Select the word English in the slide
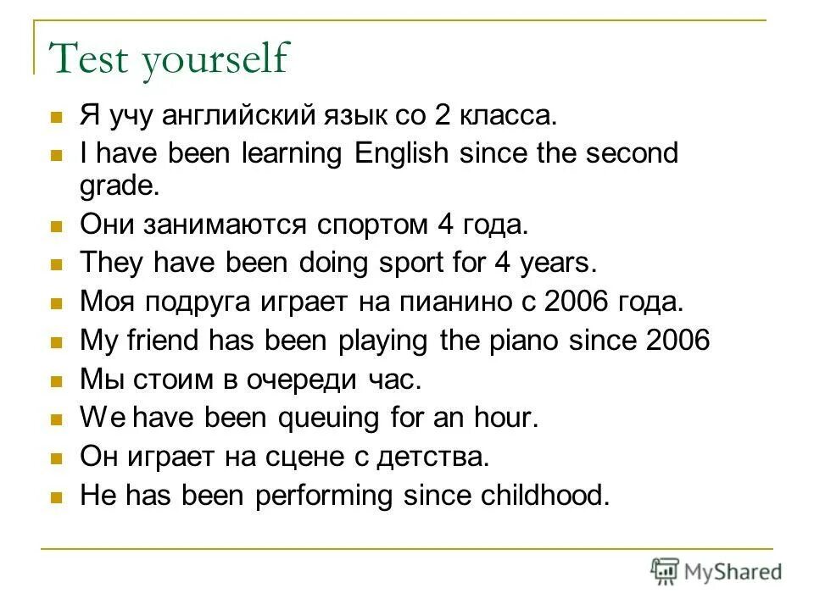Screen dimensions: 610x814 [x=402, y=154]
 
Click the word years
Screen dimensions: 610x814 [x=560, y=263]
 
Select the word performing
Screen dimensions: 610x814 [x=310, y=496]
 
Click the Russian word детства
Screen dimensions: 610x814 [x=435, y=457]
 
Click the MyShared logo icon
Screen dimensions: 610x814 [x=665, y=571]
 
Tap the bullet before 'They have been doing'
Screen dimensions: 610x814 [x=58, y=263]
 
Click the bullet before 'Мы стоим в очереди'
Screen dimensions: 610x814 [x=58, y=380]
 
